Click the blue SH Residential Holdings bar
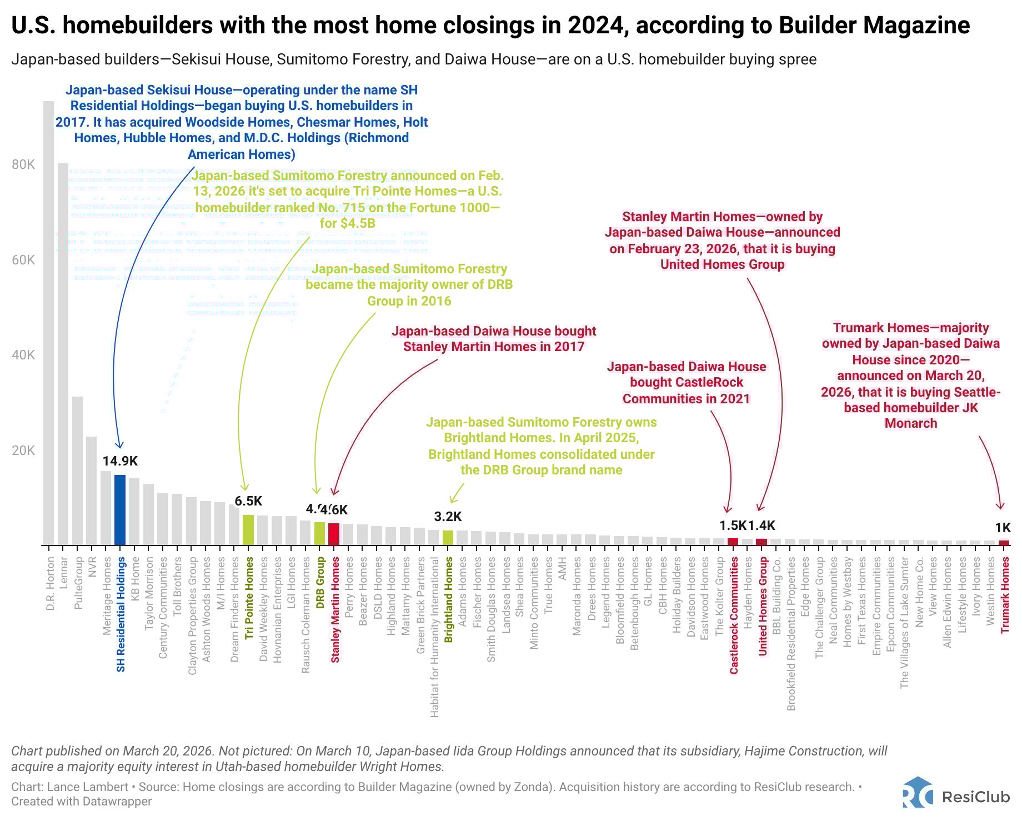120,509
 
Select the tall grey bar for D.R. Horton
49,322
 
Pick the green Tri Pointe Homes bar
248,529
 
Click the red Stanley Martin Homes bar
334,534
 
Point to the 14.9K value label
120,461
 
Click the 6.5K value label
248,501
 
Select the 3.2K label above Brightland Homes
448,517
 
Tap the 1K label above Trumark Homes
1003,528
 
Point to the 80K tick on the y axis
23,164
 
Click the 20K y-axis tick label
23,450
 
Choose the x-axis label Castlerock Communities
734,617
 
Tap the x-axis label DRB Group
320,583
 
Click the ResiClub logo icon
918,792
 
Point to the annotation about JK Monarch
911,376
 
